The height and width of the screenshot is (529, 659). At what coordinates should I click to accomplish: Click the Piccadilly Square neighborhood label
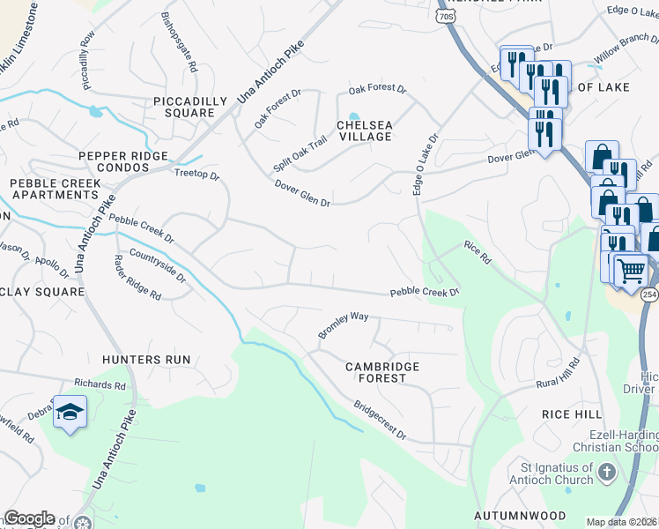(183, 107)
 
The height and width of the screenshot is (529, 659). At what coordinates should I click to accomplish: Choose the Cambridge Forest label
(381, 371)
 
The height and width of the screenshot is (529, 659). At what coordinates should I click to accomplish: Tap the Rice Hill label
(572, 414)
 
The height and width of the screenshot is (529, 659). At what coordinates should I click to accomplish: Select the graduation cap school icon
(70, 413)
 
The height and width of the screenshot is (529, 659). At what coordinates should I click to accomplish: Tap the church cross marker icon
(606, 473)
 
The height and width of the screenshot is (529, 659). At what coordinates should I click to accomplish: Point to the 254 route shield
(649, 293)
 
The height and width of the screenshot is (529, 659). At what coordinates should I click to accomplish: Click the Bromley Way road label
(343, 324)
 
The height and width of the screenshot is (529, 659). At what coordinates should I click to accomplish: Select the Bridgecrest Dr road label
(380, 421)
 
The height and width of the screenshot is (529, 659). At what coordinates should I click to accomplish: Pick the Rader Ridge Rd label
(137, 278)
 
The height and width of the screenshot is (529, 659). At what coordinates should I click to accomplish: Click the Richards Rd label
(100, 385)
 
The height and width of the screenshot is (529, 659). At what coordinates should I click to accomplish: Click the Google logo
(29, 518)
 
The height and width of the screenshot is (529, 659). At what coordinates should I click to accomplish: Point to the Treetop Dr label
(196, 175)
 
